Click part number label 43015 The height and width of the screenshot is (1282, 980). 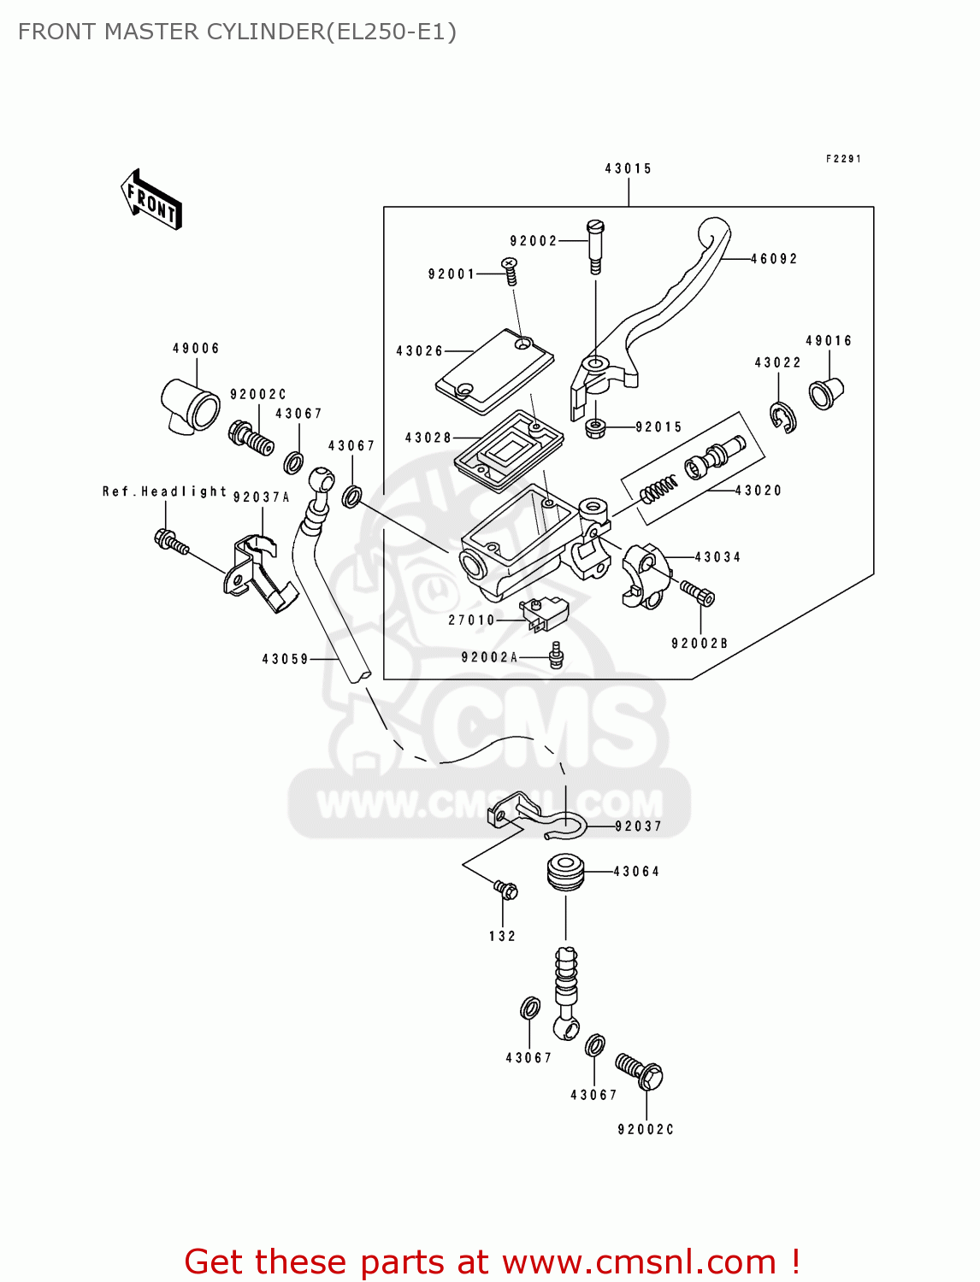pyautogui.click(x=628, y=168)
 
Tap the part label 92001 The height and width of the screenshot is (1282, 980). pyautogui.click(x=451, y=274)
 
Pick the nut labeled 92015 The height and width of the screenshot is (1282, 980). pyautogui.click(x=594, y=426)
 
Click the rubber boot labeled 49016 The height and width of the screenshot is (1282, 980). pyautogui.click(x=825, y=392)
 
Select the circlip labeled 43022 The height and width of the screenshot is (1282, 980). pyautogui.click(x=782, y=416)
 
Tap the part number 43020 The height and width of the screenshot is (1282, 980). pyautogui.click(x=759, y=491)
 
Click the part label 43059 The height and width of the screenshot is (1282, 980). pyautogui.click(x=285, y=659)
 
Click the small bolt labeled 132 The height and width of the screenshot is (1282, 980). pyautogui.click(x=506, y=891)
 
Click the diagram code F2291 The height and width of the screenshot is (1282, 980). pyautogui.click(x=843, y=159)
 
